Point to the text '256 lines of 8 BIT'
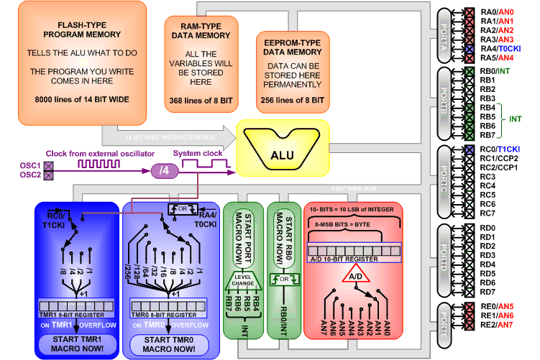[x=289, y=100]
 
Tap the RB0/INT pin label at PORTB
[x=495, y=70]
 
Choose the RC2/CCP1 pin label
[x=498, y=167]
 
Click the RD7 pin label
[x=488, y=292]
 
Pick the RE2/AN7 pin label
[x=496, y=325]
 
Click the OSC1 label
[x=31, y=166]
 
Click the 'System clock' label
[x=197, y=154]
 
